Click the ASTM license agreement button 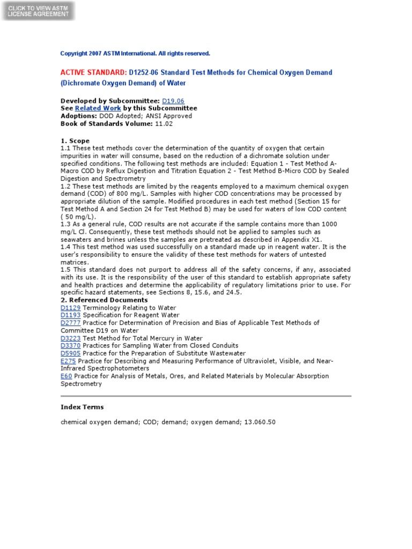[38, 11]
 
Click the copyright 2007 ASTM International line [135, 54]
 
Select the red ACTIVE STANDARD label [93, 72]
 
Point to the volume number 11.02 [164, 123]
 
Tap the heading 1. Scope [75, 141]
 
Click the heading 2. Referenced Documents [104, 300]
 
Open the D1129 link [70, 308]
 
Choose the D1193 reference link [70, 315]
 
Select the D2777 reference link [70, 323]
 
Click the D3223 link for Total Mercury [70, 338]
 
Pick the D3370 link [70, 346]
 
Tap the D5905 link [70, 353]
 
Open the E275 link [68, 361]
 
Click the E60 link [66, 376]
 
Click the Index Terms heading [82, 407]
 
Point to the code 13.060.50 [259, 422]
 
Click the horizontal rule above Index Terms [206, 396]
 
